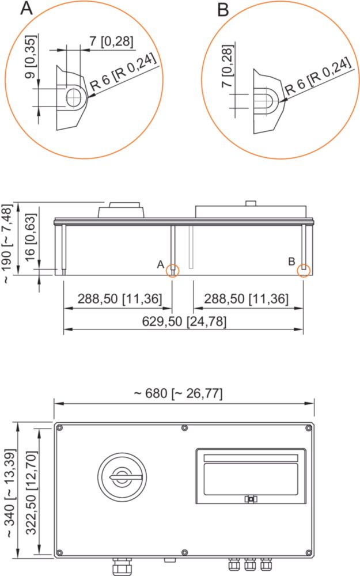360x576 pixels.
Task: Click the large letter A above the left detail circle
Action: [26, 8]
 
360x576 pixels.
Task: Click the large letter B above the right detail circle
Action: [223, 10]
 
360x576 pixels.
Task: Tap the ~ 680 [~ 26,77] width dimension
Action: [178, 393]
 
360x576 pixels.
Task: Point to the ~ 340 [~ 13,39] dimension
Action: [11, 493]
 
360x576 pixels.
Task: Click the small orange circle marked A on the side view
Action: [172, 271]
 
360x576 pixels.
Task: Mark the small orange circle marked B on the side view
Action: [304, 270]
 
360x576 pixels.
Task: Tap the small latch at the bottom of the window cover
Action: [251, 499]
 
